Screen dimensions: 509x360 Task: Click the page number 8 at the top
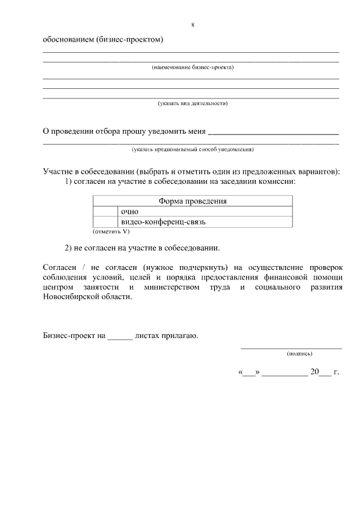[x=193, y=25]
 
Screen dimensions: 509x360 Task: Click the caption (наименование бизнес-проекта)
[x=192, y=67]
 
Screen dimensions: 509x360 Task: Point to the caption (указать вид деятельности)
[x=192, y=103]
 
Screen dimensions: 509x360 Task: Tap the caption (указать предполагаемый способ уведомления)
[x=192, y=150]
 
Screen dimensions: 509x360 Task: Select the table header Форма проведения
[x=192, y=201]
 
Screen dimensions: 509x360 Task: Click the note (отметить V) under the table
[x=111, y=231]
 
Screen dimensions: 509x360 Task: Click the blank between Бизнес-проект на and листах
[x=120, y=337]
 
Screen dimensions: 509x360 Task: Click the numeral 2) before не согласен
[x=69, y=247]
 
